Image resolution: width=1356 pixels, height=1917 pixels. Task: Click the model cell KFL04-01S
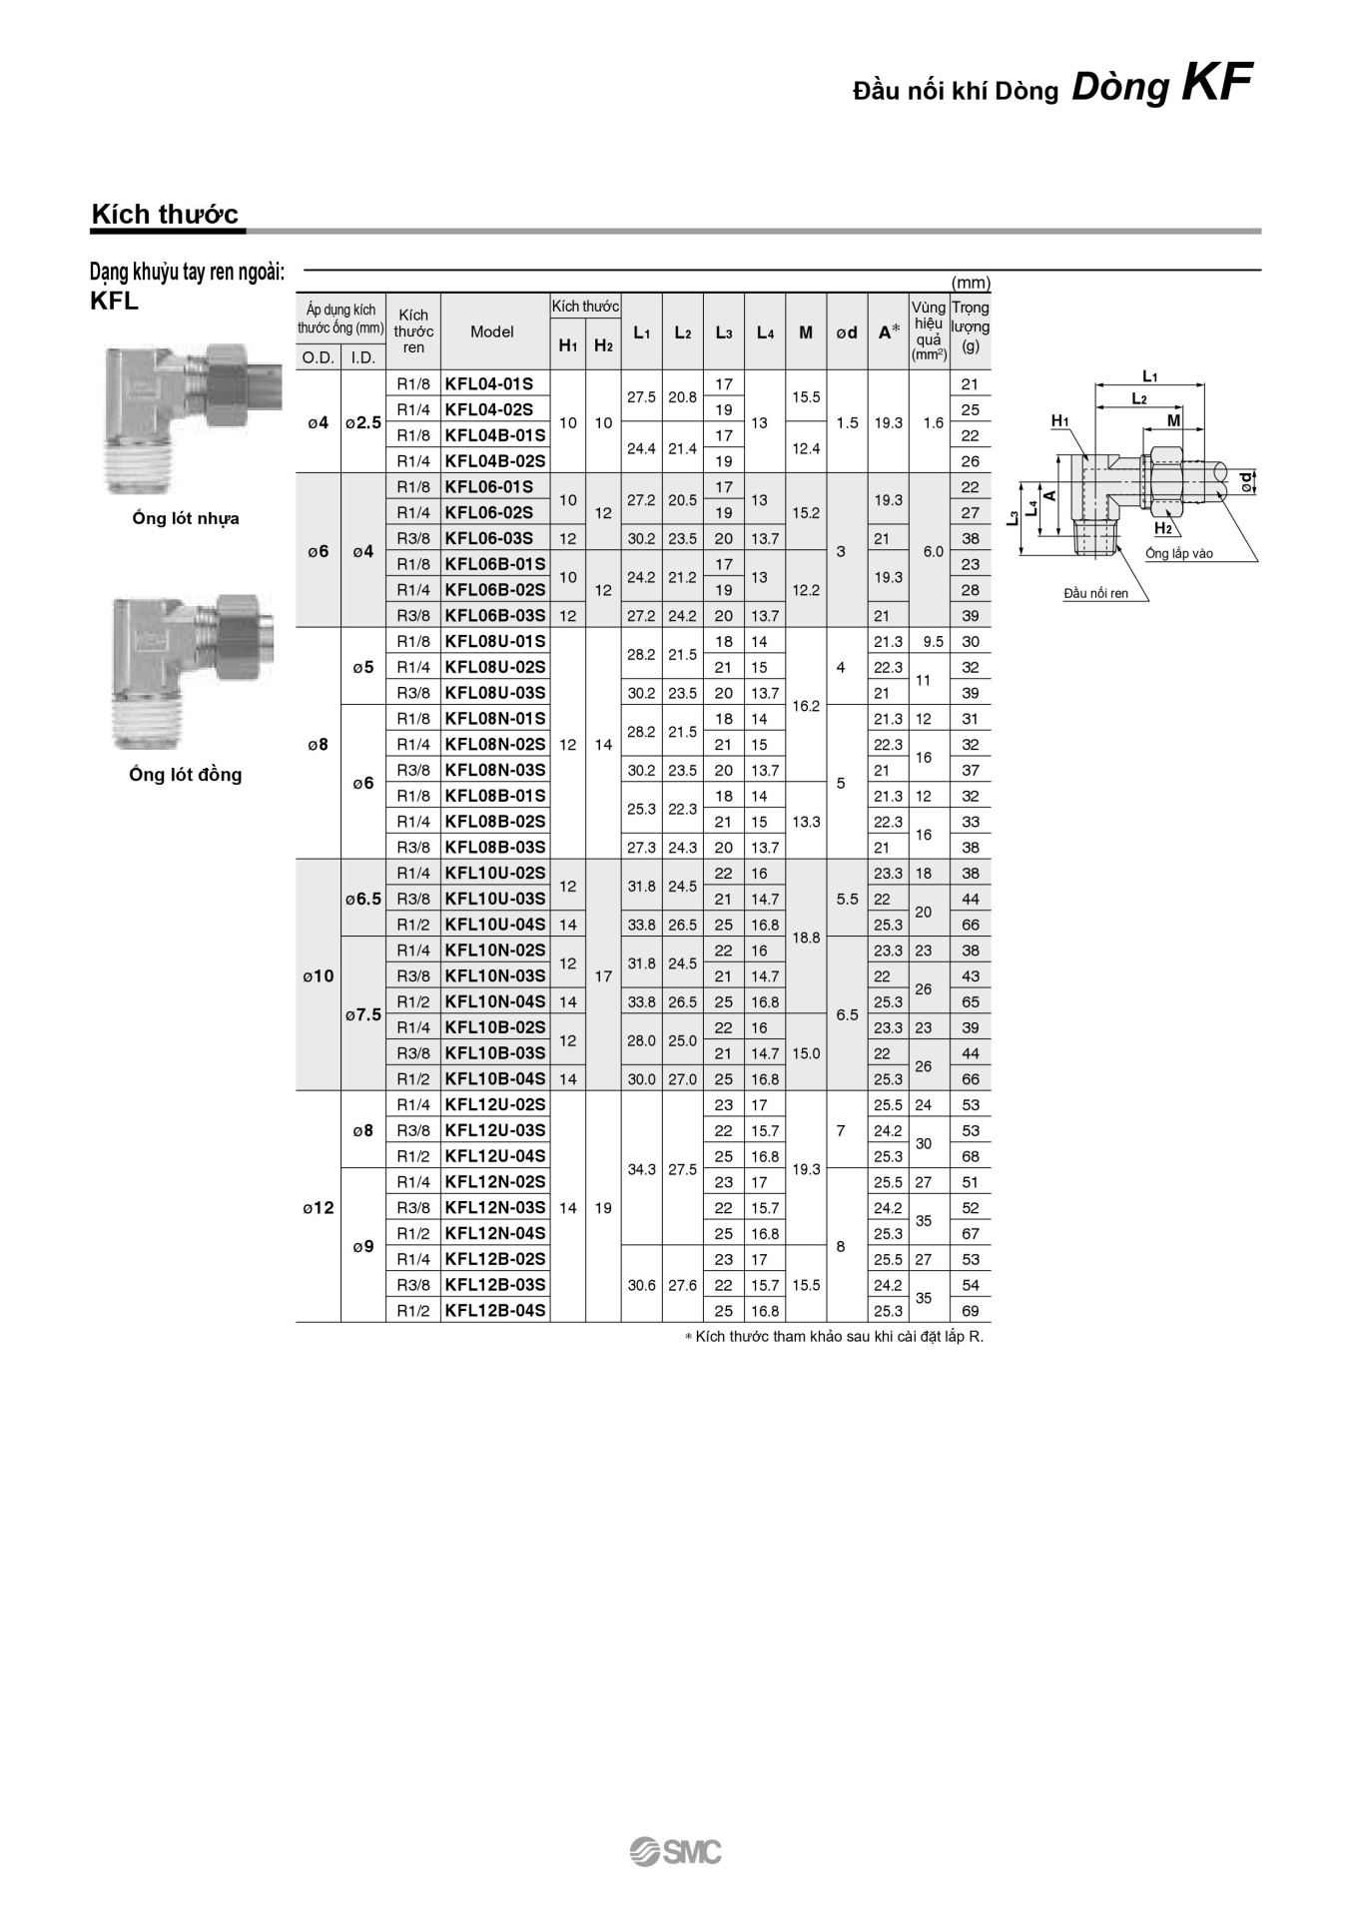coord(489,383)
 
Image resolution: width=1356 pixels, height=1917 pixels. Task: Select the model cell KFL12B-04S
coord(495,1310)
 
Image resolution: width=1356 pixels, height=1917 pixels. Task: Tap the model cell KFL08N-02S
coord(495,744)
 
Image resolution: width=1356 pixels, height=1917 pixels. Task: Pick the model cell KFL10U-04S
coord(495,925)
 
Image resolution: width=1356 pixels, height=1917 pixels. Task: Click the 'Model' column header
coord(492,331)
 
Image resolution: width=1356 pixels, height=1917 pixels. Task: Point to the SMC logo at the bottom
coord(676,1851)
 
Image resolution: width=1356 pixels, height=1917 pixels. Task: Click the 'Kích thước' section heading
coord(165,214)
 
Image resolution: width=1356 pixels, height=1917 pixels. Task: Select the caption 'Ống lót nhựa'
coord(186,518)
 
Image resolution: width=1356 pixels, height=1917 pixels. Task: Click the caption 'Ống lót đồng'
coord(186,775)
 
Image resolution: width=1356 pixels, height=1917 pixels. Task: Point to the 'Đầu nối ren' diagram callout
coord(1095,593)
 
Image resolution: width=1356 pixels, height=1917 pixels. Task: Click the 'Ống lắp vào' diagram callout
coord(1179,553)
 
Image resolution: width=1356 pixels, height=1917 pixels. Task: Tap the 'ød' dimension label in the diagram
coord(1246,483)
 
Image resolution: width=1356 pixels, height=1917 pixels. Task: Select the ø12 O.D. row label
coord(319,1208)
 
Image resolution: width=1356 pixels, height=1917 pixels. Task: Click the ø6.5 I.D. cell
coord(363,899)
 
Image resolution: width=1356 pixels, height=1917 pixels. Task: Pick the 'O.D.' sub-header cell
coord(319,357)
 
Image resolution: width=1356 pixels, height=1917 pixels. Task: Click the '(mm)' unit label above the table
coord(971,283)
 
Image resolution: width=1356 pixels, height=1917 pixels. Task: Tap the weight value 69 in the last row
coord(971,1311)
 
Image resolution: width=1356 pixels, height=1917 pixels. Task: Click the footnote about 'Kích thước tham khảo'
coord(834,1336)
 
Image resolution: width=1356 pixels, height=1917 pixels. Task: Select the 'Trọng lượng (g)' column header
coord(971,326)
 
